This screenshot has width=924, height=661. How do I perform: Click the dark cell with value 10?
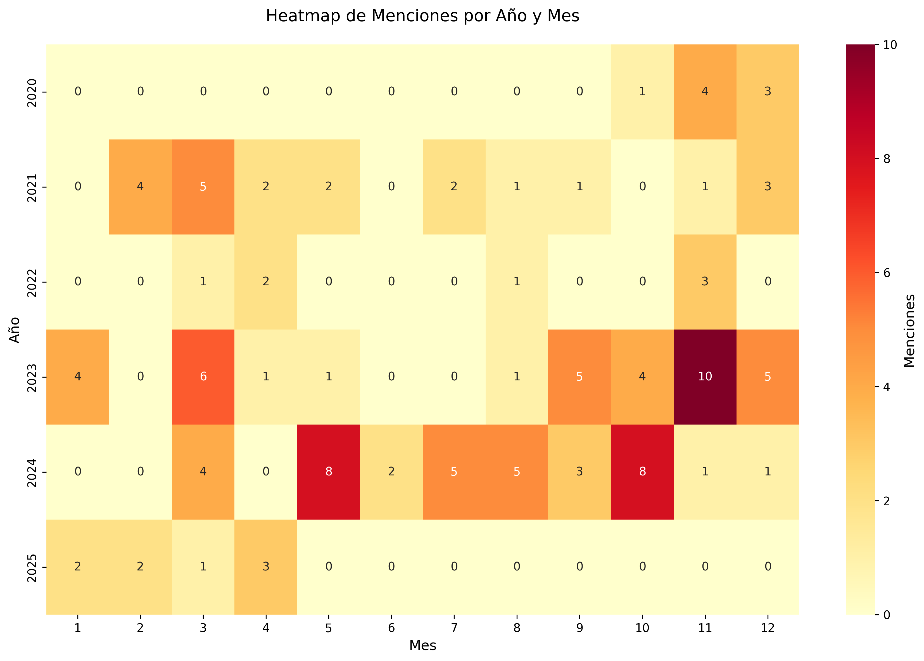click(x=705, y=376)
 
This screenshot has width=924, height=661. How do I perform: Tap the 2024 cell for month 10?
click(x=642, y=472)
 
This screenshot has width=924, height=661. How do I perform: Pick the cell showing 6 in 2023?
click(x=203, y=376)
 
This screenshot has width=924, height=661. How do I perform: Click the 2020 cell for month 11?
click(x=705, y=92)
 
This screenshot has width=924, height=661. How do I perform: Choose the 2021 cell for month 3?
click(x=203, y=187)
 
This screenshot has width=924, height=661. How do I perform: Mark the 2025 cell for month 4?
click(x=266, y=567)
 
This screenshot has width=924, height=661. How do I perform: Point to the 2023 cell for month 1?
click(x=77, y=376)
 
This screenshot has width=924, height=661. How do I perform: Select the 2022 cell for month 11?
click(x=705, y=282)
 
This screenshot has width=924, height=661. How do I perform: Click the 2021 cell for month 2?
click(x=140, y=187)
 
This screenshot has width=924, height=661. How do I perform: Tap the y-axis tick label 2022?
click(x=32, y=282)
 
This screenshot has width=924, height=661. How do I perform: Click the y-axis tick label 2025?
click(x=32, y=567)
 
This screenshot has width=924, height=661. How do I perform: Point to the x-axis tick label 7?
click(x=454, y=628)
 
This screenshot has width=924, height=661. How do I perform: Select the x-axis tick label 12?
click(x=767, y=628)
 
